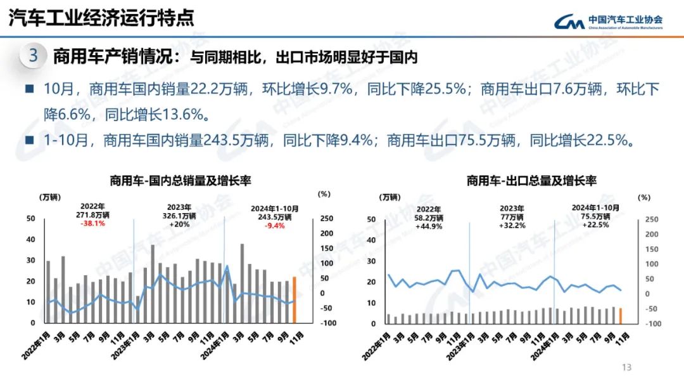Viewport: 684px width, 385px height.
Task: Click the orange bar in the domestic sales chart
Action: (x=294, y=299)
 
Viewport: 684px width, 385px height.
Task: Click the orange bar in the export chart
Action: (x=620, y=315)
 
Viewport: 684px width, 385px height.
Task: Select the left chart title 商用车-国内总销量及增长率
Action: (x=180, y=181)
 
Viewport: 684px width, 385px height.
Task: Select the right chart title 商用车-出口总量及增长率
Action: (x=531, y=181)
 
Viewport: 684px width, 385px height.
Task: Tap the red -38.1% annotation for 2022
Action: (x=93, y=224)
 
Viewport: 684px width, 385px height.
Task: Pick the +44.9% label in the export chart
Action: (x=429, y=225)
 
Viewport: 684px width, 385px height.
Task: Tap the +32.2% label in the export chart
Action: (x=512, y=225)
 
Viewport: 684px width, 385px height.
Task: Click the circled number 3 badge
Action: (x=34, y=56)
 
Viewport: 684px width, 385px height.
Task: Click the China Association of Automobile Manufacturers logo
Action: (x=608, y=22)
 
